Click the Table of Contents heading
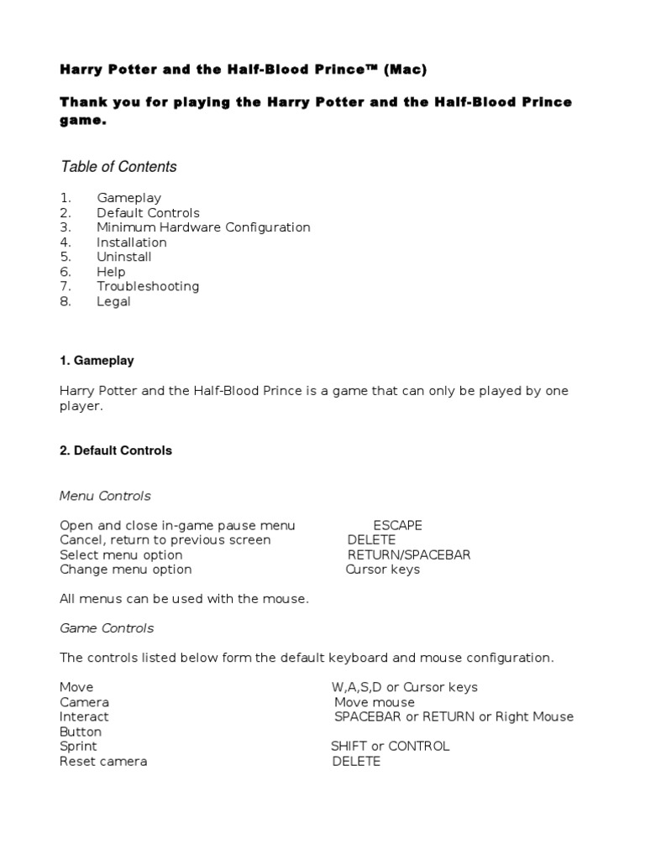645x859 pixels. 118,167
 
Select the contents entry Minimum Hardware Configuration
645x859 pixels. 203,227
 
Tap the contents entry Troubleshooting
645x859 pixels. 148,286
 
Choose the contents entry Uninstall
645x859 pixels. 124,257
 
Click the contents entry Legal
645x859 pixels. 113,301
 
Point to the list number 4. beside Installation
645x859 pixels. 66,242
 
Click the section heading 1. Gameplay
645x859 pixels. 97,361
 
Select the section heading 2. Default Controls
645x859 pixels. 116,450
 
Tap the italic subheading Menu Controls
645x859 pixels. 105,496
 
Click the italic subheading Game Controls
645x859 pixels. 107,627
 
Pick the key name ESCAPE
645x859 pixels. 397,525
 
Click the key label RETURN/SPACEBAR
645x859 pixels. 409,554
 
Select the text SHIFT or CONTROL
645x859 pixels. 390,746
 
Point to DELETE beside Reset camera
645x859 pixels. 356,761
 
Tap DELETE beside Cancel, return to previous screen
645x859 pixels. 371,540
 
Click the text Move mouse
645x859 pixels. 375,702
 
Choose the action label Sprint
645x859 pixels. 78,746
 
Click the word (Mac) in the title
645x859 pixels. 405,70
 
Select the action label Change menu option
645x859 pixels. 126,570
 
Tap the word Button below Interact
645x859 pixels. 81,731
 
